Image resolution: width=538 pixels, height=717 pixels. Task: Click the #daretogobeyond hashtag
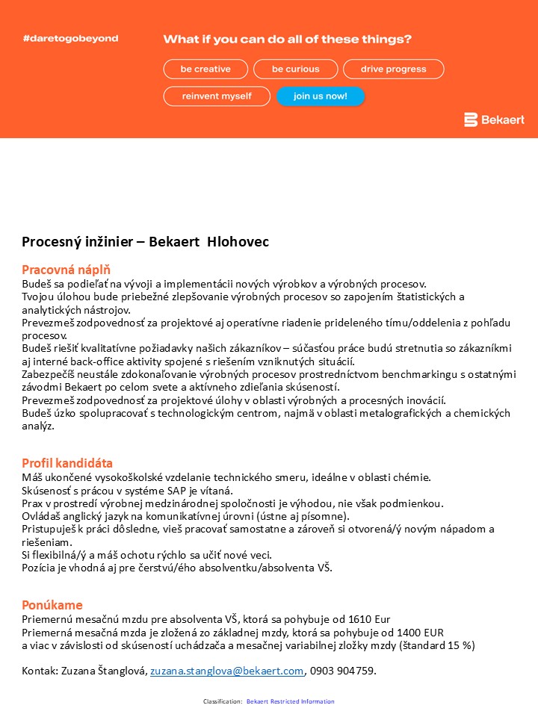point(70,38)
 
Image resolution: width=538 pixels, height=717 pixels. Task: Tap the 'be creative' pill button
point(205,69)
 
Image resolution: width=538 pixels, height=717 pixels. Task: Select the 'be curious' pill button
point(296,69)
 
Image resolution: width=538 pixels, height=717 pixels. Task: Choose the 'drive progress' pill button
point(394,69)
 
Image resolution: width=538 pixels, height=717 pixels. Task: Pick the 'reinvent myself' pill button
point(217,96)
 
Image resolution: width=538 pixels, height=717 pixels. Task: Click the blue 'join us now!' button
point(321,96)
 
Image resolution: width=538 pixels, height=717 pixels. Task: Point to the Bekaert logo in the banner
point(494,119)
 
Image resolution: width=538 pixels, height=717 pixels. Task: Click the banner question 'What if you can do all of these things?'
point(288,40)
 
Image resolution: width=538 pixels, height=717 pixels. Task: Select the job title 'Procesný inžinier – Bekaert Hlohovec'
point(145,242)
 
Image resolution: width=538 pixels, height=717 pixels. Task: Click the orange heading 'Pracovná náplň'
point(67,270)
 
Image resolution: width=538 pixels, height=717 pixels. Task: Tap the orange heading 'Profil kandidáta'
point(67,463)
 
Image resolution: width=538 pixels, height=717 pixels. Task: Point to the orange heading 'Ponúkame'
point(52,605)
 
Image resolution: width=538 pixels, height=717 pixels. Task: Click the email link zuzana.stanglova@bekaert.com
point(227,671)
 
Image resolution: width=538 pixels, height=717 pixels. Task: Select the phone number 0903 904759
point(342,671)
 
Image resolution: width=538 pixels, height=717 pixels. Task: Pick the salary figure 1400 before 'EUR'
point(409,632)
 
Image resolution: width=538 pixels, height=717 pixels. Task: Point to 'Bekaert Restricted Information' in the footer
point(291,701)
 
